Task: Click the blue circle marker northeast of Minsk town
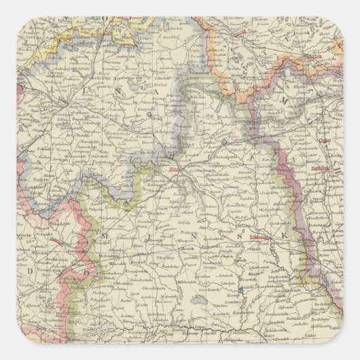[223, 142]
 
